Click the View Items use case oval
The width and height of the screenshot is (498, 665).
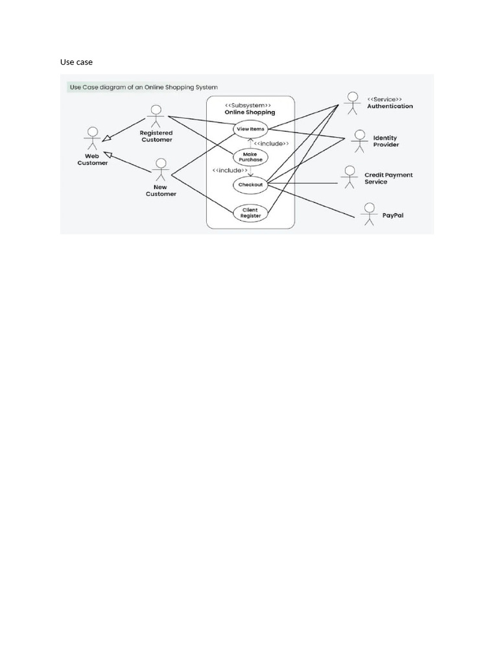coord(250,129)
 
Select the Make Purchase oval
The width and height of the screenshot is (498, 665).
coord(250,157)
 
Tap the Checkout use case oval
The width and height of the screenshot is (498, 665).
coord(250,184)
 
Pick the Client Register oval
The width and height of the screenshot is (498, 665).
coord(250,212)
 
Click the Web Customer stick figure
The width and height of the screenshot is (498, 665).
coord(92,138)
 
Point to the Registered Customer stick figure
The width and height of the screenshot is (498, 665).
coord(156,116)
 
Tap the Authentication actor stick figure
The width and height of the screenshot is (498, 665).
coord(351,103)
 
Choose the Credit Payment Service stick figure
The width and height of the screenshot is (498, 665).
coord(350,177)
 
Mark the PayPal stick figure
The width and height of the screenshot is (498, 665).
coord(369,214)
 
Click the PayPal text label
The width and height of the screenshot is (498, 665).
coord(393,215)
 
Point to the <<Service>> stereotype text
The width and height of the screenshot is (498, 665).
coord(385,98)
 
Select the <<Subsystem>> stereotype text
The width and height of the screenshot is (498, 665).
coord(249,105)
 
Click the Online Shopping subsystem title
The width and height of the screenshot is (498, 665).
coord(250,112)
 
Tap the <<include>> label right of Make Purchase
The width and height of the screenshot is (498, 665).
coord(271,143)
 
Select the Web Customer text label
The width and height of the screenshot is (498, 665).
coord(93,159)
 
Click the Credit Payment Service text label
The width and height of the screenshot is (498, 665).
coord(388,179)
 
